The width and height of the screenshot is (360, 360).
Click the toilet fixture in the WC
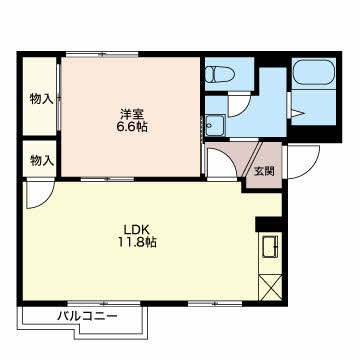[x=219, y=74]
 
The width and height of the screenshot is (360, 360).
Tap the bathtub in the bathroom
[x=314, y=72]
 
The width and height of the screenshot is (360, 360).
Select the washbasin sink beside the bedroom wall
[x=215, y=125]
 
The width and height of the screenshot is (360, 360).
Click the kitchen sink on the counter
[x=270, y=246]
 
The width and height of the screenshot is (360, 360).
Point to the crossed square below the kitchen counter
[x=270, y=287]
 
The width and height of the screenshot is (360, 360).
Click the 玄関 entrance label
[x=264, y=171]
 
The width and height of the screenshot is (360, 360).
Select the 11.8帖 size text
[x=136, y=243]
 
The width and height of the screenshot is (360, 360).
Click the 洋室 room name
[x=132, y=114]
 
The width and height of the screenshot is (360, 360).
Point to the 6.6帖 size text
[x=132, y=127]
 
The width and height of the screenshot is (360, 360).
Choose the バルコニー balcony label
[x=87, y=316]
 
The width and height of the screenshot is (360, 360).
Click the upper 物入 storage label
[x=42, y=99]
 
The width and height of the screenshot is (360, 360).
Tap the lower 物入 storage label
[x=42, y=161]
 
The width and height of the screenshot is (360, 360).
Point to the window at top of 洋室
[x=102, y=54]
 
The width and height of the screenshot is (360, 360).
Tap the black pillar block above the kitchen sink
[x=269, y=224]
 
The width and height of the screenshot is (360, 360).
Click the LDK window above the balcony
[x=104, y=303]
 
